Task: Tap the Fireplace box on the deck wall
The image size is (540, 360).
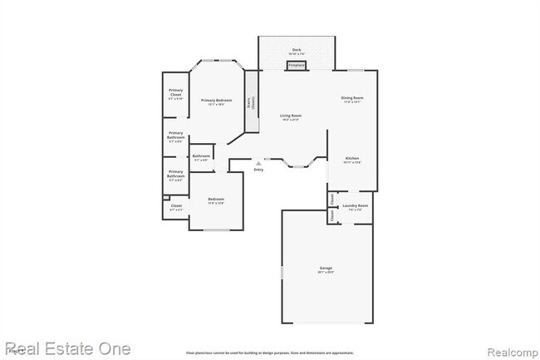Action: pyautogui.click(x=297, y=65)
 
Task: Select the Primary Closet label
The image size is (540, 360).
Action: pyautogui.click(x=176, y=93)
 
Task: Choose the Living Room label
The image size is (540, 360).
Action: pyautogui.click(x=290, y=116)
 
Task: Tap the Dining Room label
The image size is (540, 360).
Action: pyautogui.click(x=352, y=100)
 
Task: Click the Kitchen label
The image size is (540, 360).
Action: pyautogui.click(x=352, y=159)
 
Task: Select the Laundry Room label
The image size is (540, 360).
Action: pyautogui.click(x=356, y=205)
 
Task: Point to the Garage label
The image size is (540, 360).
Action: pyautogui.click(x=326, y=269)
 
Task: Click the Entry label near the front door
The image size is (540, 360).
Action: pyautogui.click(x=259, y=170)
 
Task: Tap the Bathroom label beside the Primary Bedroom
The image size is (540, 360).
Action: pyautogui.click(x=201, y=156)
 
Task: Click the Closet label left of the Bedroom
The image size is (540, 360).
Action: pyautogui.click(x=176, y=206)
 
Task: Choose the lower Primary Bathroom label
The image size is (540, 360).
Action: pyautogui.click(x=176, y=175)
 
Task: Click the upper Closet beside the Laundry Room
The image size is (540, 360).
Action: pyautogui.click(x=331, y=199)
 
